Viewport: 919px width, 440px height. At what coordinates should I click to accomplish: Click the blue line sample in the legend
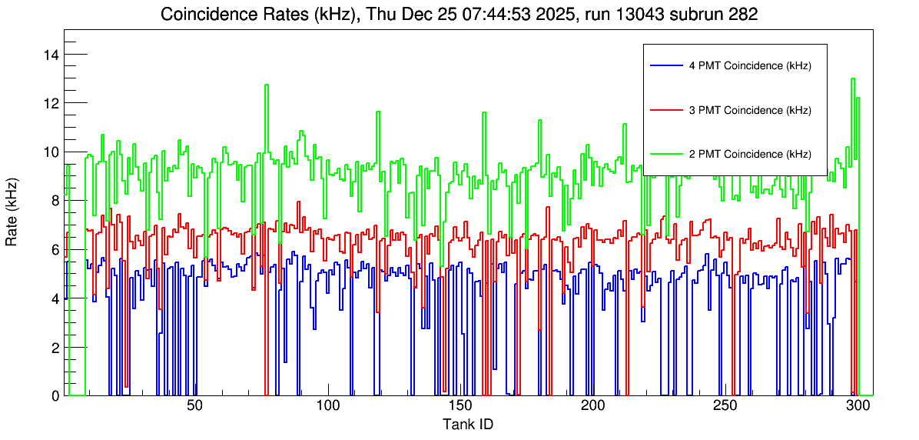[666, 66]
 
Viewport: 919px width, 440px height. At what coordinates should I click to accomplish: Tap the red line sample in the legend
[666, 110]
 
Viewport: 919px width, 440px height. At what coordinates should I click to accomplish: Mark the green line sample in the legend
[666, 154]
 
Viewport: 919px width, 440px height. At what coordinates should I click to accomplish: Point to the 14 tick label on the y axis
[52, 55]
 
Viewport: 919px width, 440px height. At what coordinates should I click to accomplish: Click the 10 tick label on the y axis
[52, 152]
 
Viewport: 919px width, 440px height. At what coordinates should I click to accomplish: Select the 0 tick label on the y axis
[55, 395]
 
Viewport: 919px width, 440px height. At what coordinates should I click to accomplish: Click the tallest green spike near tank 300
[853, 80]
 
